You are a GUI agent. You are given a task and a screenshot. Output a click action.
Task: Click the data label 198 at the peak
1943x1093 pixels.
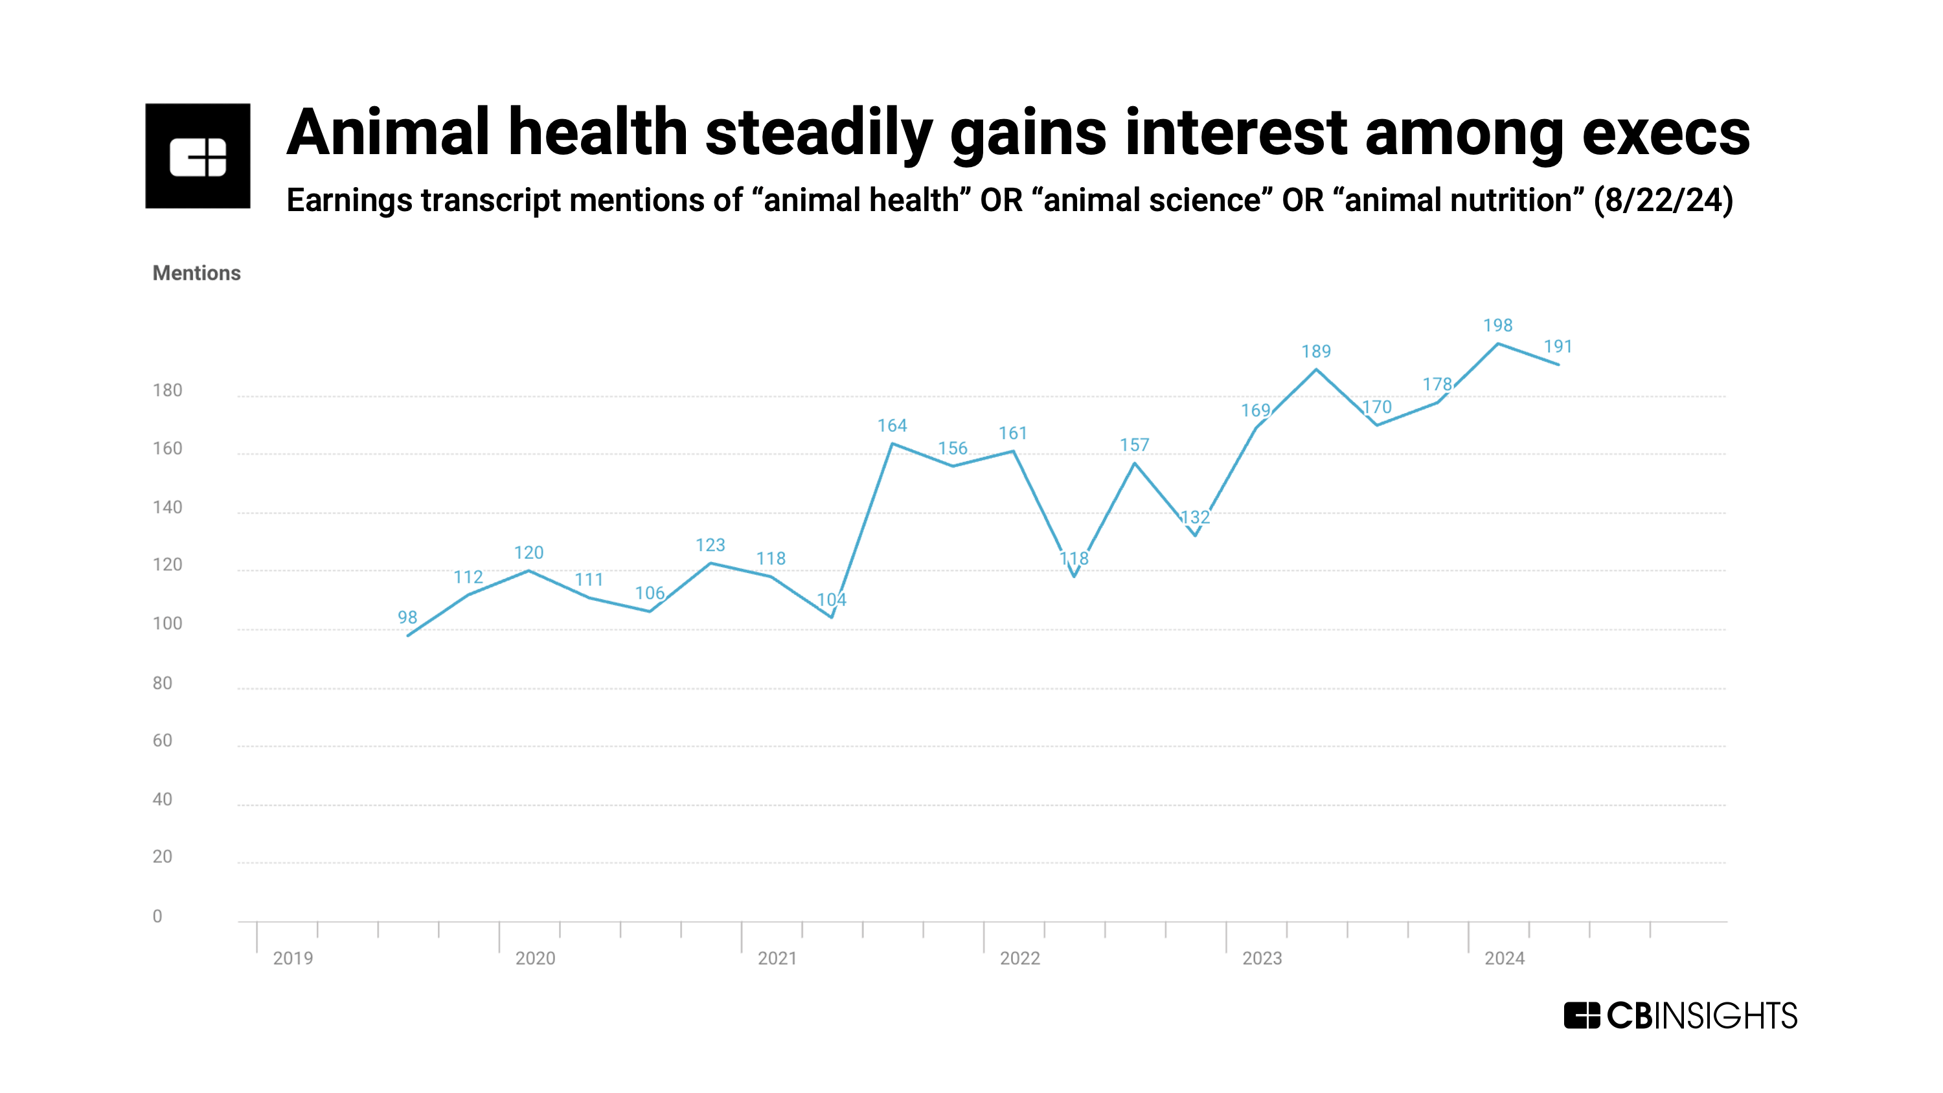(1497, 325)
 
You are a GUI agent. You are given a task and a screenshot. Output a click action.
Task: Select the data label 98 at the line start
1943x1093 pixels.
(407, 617)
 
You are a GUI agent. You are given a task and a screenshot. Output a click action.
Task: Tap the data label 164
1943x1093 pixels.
(892, 425)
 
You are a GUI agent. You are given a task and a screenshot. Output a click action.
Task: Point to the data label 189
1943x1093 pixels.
(1315, 352)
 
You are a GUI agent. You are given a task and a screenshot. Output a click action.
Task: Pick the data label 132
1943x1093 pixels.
(1195, 517)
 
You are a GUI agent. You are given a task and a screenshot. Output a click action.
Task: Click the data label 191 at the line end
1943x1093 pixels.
(1558, 346)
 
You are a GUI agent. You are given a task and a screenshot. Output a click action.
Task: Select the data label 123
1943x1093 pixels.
(710, 545)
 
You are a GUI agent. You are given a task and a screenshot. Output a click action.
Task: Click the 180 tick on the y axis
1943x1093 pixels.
(168, 390)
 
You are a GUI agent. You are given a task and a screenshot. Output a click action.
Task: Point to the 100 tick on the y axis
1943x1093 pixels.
(168, 624)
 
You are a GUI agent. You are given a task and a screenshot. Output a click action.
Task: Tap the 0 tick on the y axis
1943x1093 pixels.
(157, 916)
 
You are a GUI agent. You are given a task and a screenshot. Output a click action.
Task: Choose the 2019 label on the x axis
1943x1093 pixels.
(293, 958)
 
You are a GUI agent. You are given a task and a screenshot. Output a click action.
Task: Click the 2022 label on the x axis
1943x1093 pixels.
(1020, 958)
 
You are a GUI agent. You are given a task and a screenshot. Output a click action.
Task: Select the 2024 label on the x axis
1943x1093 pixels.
(1504, 958)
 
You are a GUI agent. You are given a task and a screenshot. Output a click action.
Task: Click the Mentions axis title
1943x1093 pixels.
(196, 273)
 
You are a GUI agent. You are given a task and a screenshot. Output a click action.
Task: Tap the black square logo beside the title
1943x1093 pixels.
(198, 156)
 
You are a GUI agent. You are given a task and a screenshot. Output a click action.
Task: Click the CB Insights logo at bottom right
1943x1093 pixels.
(1681, 1015)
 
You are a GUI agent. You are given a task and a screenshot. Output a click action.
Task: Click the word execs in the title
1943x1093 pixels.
(1665, 133)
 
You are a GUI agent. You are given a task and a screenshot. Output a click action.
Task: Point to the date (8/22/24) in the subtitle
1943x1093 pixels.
(1663, 201)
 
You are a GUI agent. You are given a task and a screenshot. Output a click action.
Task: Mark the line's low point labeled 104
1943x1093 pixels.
(832, 616)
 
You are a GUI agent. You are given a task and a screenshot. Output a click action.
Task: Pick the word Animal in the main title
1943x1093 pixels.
(389, 133)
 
